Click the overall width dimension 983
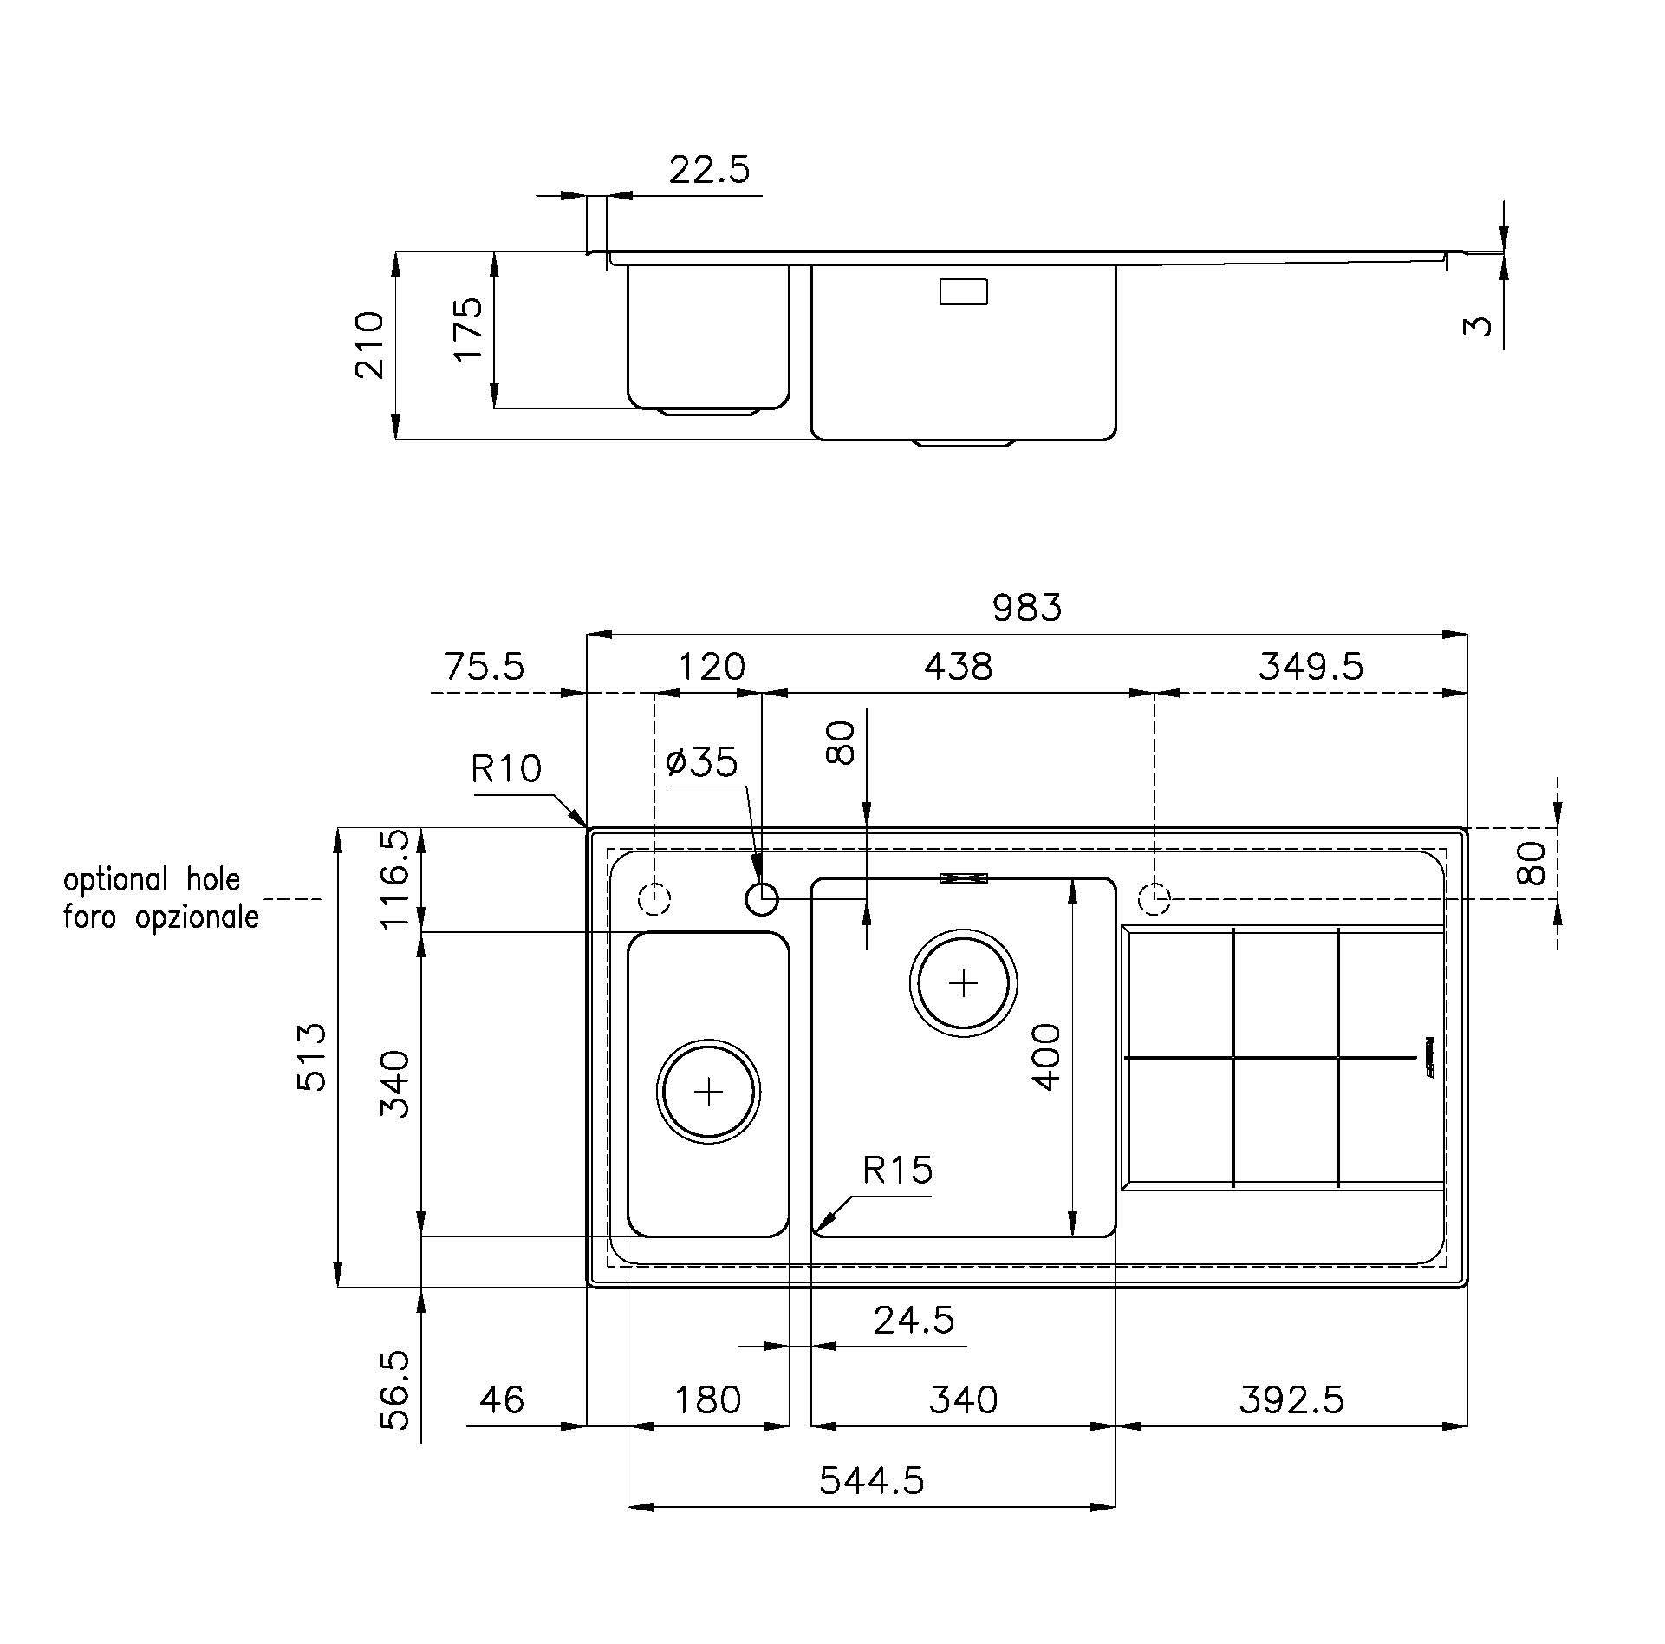(1026, 607)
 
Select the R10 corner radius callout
(506, 768)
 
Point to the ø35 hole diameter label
(702, 762)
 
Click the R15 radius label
(897, 1171)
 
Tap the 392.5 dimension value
(1291, 1399)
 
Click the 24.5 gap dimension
(914, 1320)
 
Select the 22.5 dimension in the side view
(709, 170)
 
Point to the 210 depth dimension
(369, 344)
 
